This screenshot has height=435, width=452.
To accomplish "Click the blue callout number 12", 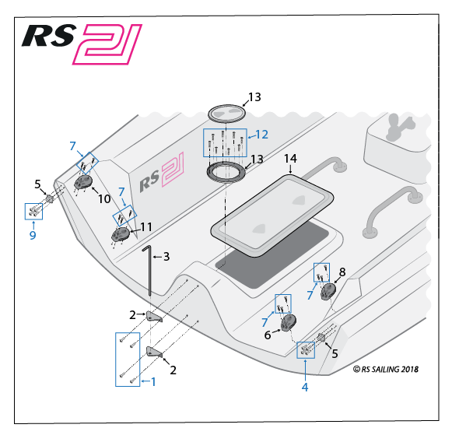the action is [x=261, y=135].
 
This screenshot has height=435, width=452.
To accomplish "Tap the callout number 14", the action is [x=290, y=158].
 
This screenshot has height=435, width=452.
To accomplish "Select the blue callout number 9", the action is [x=33, y=235].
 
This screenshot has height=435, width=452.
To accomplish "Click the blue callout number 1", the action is [x=153, y=382].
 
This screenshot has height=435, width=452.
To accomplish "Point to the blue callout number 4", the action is [x=305, y=388].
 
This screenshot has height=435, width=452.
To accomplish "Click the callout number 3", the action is [x=166, y=257].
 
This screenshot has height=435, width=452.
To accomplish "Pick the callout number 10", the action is [x=104, y=199].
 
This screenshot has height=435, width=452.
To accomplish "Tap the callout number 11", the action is [x=146, y=227].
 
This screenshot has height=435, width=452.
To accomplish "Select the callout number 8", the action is [x=342, y=272].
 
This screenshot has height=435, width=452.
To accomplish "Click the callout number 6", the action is [x=268, y=335].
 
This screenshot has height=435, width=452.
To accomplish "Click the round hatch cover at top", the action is [x=227, y=114].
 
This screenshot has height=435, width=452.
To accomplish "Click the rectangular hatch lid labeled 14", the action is [x=272, y=216].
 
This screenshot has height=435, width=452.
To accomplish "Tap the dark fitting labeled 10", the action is [x=83, y=182].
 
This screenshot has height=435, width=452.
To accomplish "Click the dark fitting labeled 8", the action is [x=328, y=291].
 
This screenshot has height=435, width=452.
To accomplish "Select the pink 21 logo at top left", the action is [x=107, y=44].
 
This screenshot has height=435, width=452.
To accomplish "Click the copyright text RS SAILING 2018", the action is [x=386, y=370].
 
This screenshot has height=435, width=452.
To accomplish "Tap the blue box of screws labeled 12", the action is [x=225, y=142].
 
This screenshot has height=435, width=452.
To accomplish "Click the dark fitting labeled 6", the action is [x=289, y=323].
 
